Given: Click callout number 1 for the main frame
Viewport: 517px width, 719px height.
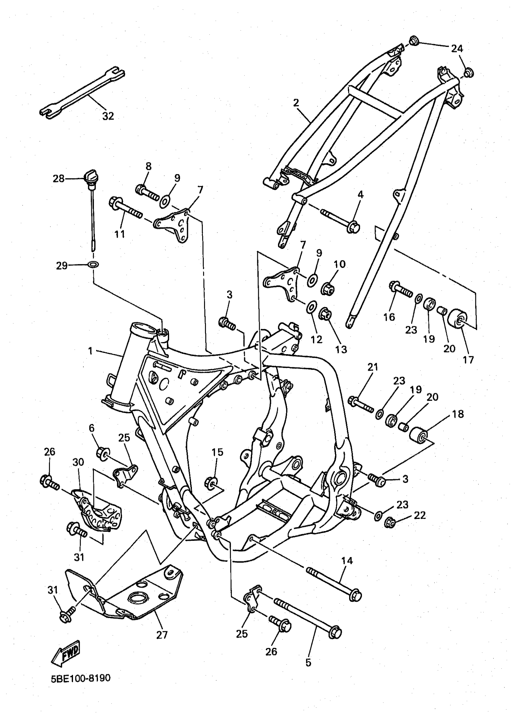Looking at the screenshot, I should [x=90, y=351].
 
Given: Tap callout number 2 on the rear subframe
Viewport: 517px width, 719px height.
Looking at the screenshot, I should [x=296, y=103].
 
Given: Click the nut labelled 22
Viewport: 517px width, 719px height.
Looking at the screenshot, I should [x=390, y=523].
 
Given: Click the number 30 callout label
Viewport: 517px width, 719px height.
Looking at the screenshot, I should [x=78, y=462].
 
